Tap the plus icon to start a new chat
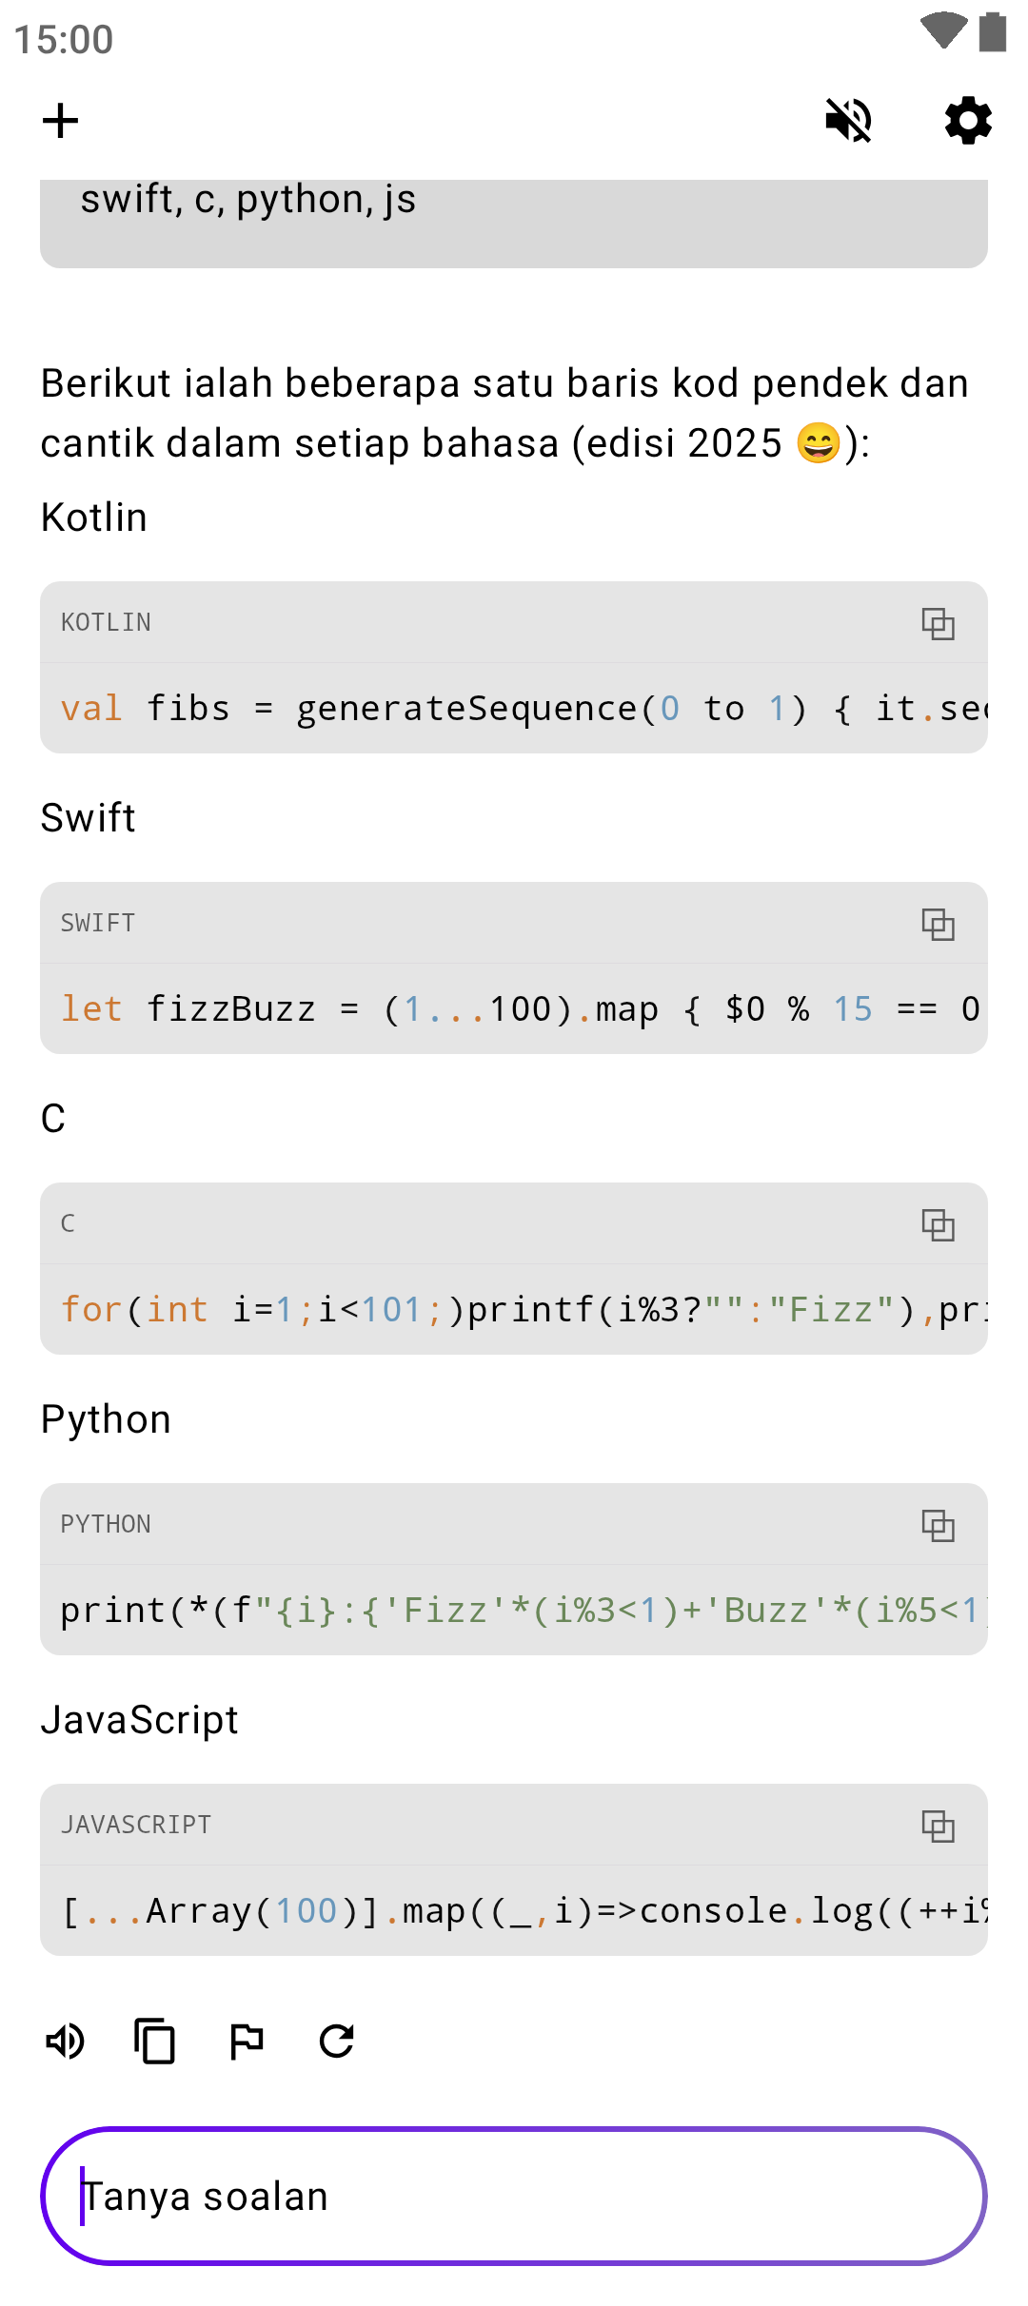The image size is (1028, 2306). click(60, 121)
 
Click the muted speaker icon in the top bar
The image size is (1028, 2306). click(848, 121)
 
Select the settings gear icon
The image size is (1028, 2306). click(968, 121)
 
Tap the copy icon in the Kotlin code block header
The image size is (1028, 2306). click(938, 623)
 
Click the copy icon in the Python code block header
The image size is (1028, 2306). click(938, 1525)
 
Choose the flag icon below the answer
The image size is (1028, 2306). click(247, 2042)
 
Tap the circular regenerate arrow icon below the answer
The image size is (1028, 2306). click(337, 2042)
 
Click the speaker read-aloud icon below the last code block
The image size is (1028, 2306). click(66, 2042)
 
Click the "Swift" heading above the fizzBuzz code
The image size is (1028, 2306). click(89, 818)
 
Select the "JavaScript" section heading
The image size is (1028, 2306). click(140, 1720)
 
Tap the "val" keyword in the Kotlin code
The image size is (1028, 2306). click(91, 709)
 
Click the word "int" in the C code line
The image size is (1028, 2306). click(177, 1310)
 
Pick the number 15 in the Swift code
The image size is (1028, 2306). click(853, 1009)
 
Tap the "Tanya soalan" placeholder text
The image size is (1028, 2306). click(206, 2197)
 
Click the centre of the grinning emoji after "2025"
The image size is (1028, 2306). click(819, 443)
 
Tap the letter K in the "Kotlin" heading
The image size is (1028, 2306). click(51, 518)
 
